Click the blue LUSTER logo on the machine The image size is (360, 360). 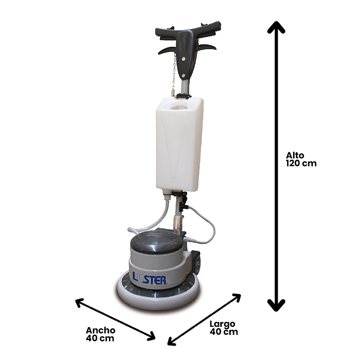click(x=149, y=278)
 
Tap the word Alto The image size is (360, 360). click(x=295, y=155)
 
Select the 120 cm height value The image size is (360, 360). click(x=301, y=163)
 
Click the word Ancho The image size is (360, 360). click(x=100, y=330)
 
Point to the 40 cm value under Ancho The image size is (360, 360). click(x=100, y=338)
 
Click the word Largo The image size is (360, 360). click(x=222, y=324)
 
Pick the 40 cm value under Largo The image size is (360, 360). click(x=224, y=332)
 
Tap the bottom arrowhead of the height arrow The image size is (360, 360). click(x=276, y=306)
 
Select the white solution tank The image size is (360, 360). click(x=180, y=144)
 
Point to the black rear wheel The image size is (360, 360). click(x=197, y=262)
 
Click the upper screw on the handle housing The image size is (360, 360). click(x=183, y=59)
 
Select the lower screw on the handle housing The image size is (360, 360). click(x=183, y=75)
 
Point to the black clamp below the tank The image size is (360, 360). click(x=181, y=199)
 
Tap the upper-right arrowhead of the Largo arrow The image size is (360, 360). click(x=236, y=298)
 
